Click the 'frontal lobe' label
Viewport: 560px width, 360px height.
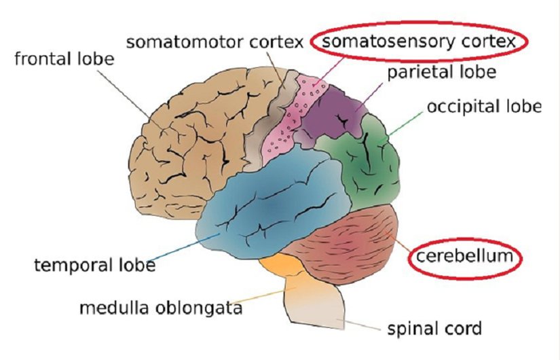tap(64, 58)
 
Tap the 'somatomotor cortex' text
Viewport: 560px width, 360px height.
tap(214, 42)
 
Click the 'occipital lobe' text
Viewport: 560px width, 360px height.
tap(483, 107)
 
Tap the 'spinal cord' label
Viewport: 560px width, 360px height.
tap(434, 329)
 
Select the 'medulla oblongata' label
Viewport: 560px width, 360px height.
tap(161, 308)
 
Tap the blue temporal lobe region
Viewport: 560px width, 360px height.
tap(272, 204)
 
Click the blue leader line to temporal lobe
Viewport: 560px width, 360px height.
tap(183, 248)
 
